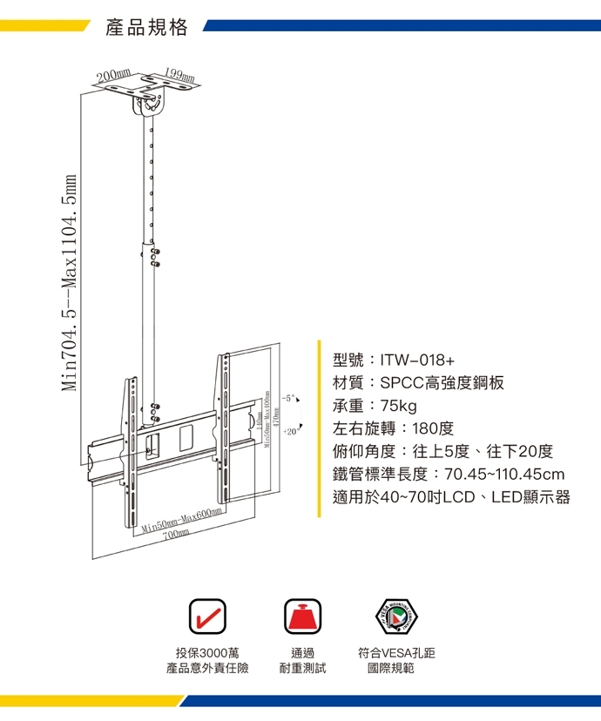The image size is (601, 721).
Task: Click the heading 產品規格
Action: tap(146, 28)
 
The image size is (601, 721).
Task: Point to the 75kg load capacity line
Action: tap(375, 406)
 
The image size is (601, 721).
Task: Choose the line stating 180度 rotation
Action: tap(394, 428)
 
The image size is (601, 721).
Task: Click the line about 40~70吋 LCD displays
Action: tap(451, 497)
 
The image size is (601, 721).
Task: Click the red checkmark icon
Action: tap(207, 616)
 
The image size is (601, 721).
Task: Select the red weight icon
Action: tap(302, 616)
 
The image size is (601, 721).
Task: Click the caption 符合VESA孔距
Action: tap(402, 652)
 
